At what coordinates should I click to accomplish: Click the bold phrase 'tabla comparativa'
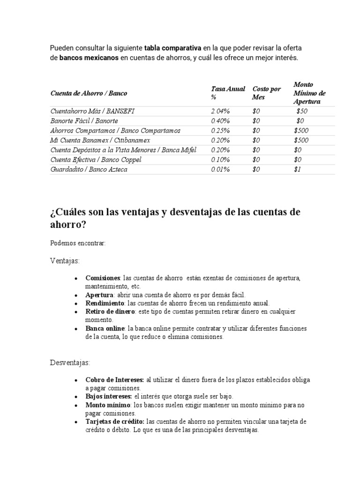pyautogui.click(x=172, y=48)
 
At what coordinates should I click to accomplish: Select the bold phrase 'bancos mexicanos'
pyautogui.click(x=89, y=58)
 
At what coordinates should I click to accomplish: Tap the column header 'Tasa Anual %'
pyautogui.click(x=228, y=93)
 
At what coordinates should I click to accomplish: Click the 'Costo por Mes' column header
pyautogui.click(x=266, y=93)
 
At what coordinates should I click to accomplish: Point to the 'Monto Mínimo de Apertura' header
pyautogui.click(x=309, y=93)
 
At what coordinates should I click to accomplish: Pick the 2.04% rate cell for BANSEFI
pyautogui.click(x=220, y=111)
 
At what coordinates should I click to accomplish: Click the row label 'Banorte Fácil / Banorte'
pyautogui.click(x=81, y=121)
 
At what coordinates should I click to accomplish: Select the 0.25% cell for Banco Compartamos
pyautogui.click(x=220, y=131)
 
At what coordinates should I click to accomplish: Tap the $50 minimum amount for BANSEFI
pyautogui.click(x=302, y=111)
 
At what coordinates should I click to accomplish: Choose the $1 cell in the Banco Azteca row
pyautogui.click(x=297, y=170)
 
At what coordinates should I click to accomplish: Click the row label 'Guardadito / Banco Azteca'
pyautogui.click(x=89, y=170)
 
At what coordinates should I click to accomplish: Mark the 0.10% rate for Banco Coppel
pyautogui.click(x=220, y=160)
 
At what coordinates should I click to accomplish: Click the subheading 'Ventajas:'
pyautogui.click(x=65, y=260)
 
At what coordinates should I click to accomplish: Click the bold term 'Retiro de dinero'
pyautogui.click(x=110, y=312)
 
